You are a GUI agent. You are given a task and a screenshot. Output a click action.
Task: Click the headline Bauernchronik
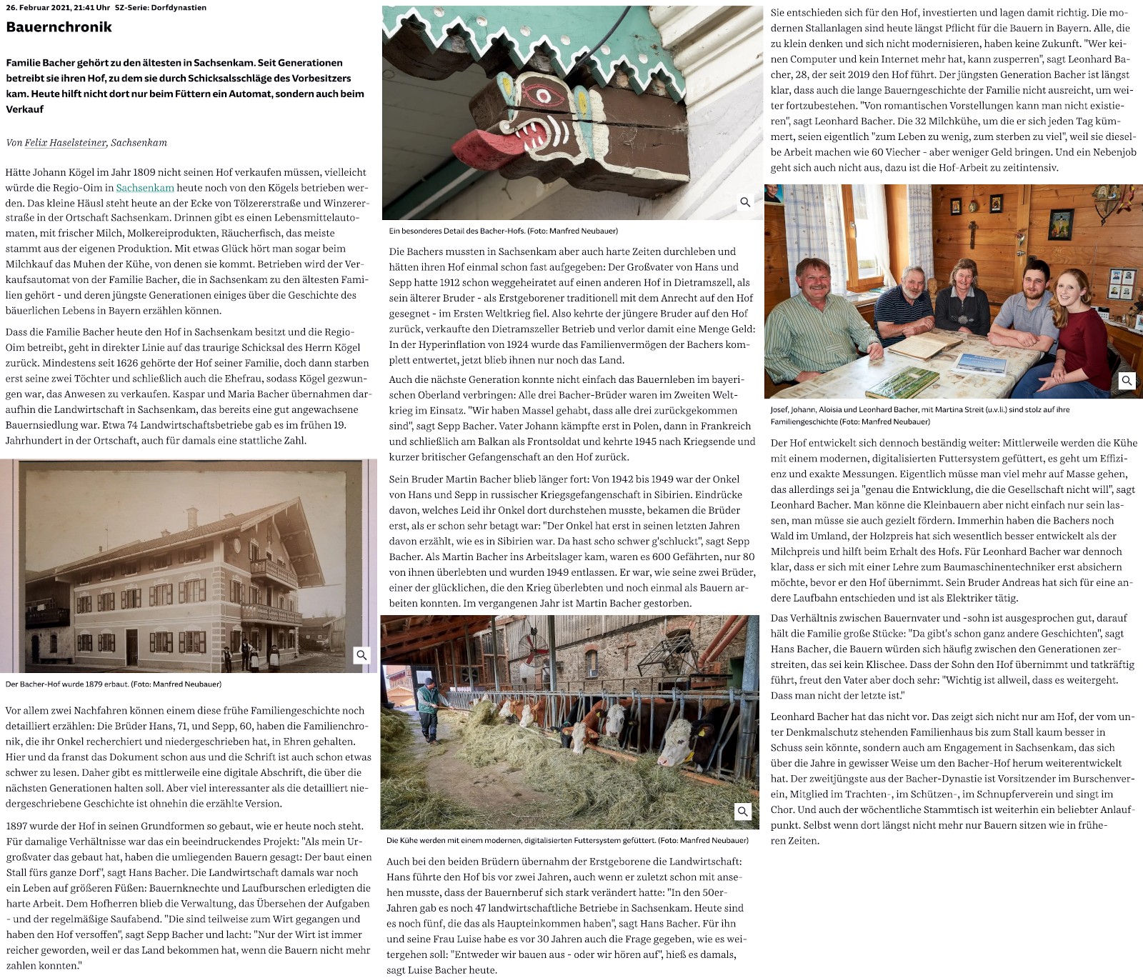[x=59, y=27]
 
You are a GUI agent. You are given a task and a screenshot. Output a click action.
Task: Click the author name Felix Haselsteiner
[x=66, y=143]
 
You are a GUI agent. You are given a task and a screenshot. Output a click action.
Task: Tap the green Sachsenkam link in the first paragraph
[x=145, y=188]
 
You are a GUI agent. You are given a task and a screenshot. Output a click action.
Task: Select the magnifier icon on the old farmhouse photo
[x=362, y=655]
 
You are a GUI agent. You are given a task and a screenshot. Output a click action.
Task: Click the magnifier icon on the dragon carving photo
[x=745, y=202]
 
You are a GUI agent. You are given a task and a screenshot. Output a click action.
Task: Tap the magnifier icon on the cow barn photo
[x=743, y=812]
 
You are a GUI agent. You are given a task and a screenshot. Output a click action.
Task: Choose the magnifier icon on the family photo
[x=1127, y=380]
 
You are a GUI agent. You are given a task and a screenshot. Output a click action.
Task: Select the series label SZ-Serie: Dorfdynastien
[x=161, y=8]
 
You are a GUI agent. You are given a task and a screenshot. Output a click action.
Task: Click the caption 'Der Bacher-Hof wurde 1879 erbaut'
[x=114, y=684]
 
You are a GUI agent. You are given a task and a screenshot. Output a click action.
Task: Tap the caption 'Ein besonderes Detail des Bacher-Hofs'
[x=503, y=231]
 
